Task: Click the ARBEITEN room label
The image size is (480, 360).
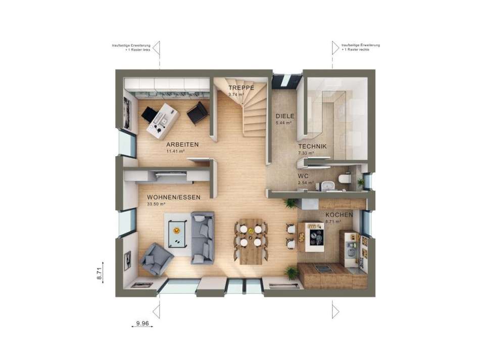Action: [x=182, y=145]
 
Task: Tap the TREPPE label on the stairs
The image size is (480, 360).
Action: [x=237, y=87]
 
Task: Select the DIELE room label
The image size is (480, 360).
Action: [x=284, y=116]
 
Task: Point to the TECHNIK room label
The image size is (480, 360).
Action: [x=312, y=147]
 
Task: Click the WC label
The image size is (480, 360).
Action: [x=303, y=176]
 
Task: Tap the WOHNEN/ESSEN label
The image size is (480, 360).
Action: [x=174, y=197]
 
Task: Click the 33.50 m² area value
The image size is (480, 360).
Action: [x=156, y=204]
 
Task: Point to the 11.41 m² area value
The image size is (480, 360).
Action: [x=175, y=151]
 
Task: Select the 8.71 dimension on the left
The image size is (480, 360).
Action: [x=100, y=274]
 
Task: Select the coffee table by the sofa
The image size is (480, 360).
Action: [x=176, y=230]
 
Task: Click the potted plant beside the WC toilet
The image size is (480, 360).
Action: [x=360, y=181]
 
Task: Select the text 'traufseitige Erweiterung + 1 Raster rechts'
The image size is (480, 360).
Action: [x=360, y=47]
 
